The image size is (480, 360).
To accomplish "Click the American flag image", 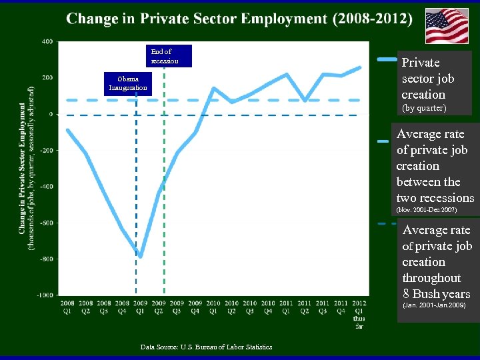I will [x=447, y=26].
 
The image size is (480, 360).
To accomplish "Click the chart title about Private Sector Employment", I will [x=239, y=18].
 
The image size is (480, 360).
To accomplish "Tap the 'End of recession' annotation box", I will [x=165, y=56].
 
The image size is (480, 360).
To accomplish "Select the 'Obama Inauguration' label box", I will [x=129, y=83].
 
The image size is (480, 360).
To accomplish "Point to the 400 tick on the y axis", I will [x=47, y=41].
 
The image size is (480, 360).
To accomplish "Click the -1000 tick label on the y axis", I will [x=46, y=295].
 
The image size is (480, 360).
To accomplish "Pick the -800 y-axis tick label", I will [x=47, y=259].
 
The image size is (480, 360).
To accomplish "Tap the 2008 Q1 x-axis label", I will [x=67, y=306].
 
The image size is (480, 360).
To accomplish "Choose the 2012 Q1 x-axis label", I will [x=359, y=306].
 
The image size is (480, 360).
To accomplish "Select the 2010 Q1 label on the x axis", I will [x=213, y=306].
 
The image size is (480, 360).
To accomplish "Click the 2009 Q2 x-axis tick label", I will [x=159, y=306].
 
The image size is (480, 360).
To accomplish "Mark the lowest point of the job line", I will [x=141, y=255].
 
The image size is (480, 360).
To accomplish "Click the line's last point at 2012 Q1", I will [x=359, y=67].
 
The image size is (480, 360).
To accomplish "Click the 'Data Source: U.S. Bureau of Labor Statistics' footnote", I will [x=206, y=347].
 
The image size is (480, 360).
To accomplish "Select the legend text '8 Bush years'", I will [x=437, y=294].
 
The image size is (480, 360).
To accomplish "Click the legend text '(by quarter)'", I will [x=423, y=107].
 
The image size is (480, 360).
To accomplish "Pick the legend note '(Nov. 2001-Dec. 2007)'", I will [x=427, y=210].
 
